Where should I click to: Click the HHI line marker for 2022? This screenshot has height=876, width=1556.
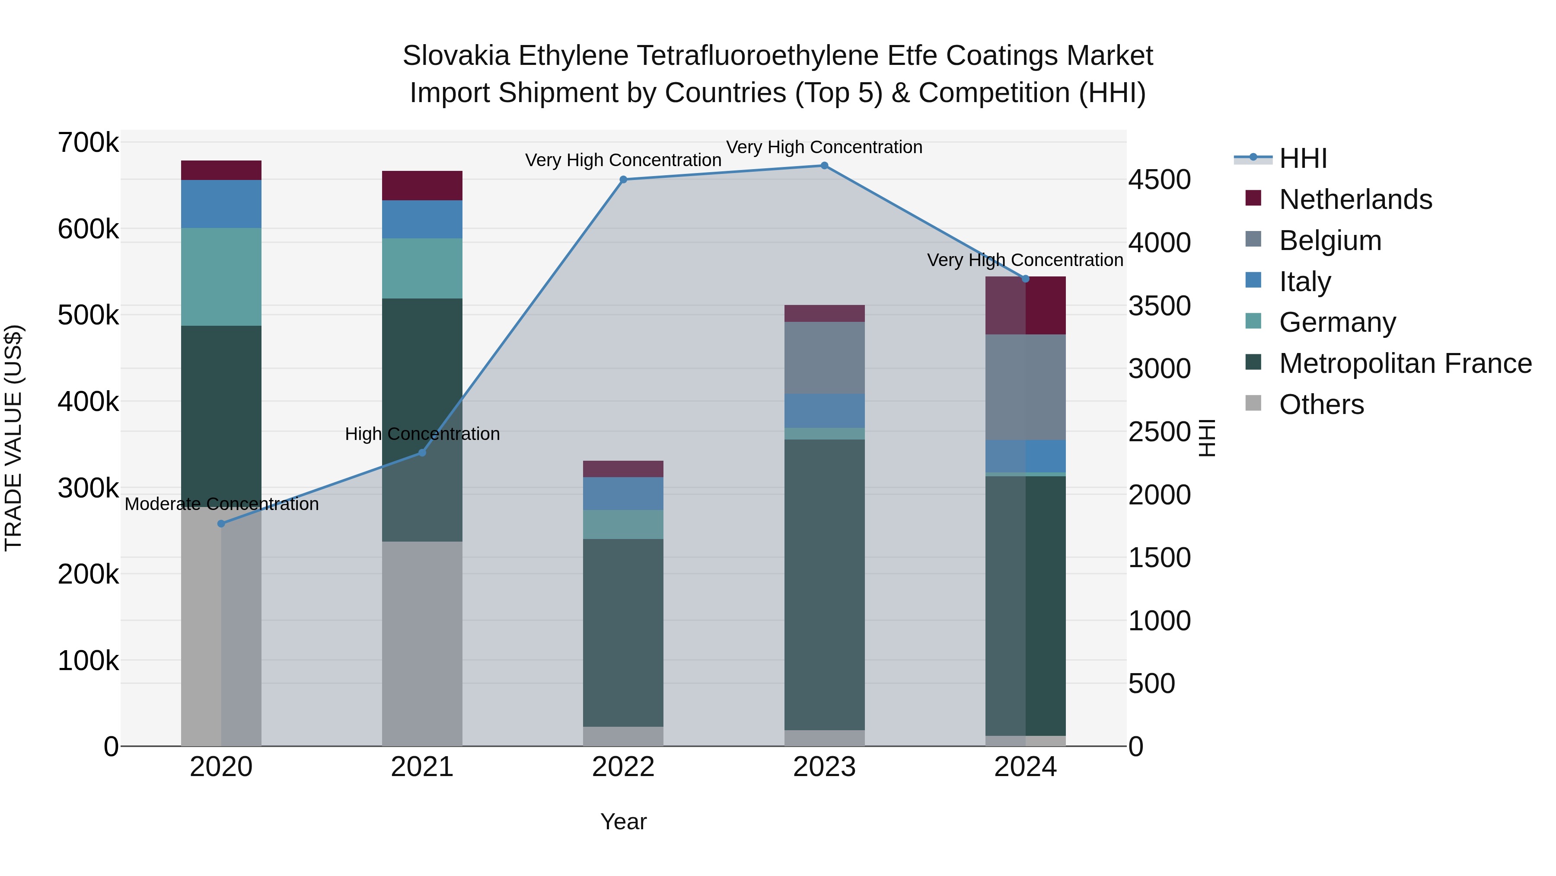623,180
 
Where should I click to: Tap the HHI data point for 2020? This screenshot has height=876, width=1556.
221,523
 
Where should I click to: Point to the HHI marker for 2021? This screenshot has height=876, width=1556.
422,453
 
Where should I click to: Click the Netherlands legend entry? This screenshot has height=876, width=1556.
1355,199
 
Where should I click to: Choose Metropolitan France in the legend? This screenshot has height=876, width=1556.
1405,363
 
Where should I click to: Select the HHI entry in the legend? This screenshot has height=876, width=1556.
1303,158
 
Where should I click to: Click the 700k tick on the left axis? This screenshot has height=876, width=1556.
88,143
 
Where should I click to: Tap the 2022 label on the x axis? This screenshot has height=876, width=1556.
623,767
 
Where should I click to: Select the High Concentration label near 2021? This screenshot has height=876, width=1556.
422,434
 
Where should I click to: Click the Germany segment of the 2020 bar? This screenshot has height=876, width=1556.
221,277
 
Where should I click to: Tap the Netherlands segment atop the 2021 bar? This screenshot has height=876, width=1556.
422,186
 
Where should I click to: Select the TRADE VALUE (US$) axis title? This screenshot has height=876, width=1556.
14,438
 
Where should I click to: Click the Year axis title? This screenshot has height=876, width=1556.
623,821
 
